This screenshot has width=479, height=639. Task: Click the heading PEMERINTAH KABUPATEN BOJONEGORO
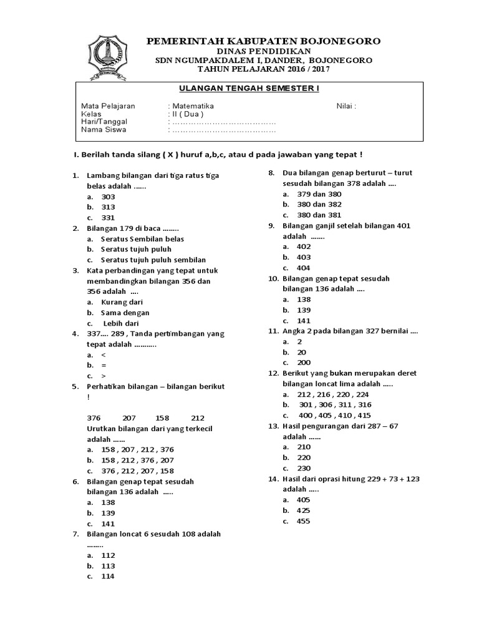[263, 41]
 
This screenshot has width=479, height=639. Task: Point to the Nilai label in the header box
[346, 106]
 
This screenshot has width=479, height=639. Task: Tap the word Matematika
[193, 106]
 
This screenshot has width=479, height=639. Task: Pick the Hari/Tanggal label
[106, 122]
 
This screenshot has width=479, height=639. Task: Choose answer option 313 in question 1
[109, 207]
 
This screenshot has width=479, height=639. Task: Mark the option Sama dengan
[125, 313]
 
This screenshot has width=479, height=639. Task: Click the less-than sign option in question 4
[104, 354]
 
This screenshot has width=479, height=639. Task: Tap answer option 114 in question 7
[108, 577]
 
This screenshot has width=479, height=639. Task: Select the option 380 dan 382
[319, 205]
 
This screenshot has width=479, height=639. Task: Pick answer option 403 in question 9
[304, 257]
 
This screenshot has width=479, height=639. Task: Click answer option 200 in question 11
[304, 363]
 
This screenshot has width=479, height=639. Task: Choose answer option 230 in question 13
[304, 468]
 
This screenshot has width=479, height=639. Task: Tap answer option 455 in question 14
[304, 521]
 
